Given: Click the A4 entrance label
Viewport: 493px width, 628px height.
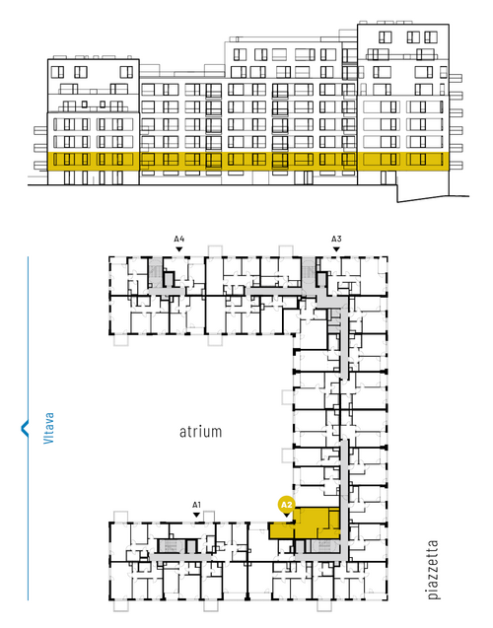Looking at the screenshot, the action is click(x=179, y=240).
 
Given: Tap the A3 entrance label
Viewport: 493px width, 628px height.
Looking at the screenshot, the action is click(x=336, y=240).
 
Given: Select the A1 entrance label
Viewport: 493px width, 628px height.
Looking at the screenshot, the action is click(x=196, y=505).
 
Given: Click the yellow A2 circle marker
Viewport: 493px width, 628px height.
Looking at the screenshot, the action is click(x=286, y=505).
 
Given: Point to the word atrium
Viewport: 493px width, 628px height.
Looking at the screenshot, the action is click(x=200, y=432).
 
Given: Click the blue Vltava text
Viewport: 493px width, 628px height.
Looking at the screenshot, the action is click(x=48, y=428).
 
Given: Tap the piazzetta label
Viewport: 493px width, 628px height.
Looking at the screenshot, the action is click(x=433, y=570).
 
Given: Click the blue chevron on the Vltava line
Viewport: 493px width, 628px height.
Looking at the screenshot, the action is click(x=25, y=428).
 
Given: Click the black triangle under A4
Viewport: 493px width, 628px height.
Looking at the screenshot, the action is click(x=179, y=249).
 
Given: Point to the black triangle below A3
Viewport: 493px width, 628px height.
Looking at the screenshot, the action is click(x=336, y=249).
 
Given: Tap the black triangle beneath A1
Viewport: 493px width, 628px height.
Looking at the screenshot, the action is click(x=196, y=515).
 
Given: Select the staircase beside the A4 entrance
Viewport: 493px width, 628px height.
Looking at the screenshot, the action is click(x=155, y=272).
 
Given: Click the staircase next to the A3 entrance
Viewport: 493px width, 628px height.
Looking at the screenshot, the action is click(x=309, y=272).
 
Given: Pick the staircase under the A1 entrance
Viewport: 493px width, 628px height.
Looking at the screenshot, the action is click(x=171, y=546).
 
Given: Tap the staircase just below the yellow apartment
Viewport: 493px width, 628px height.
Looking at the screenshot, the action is click(x=324, y=546).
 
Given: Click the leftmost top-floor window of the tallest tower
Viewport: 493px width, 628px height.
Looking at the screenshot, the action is click(x=385, y=37).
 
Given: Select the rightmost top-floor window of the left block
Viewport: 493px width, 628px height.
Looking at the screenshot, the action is click(x=126, y=72).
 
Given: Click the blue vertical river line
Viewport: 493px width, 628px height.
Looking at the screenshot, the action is click(x=28, y=428).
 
